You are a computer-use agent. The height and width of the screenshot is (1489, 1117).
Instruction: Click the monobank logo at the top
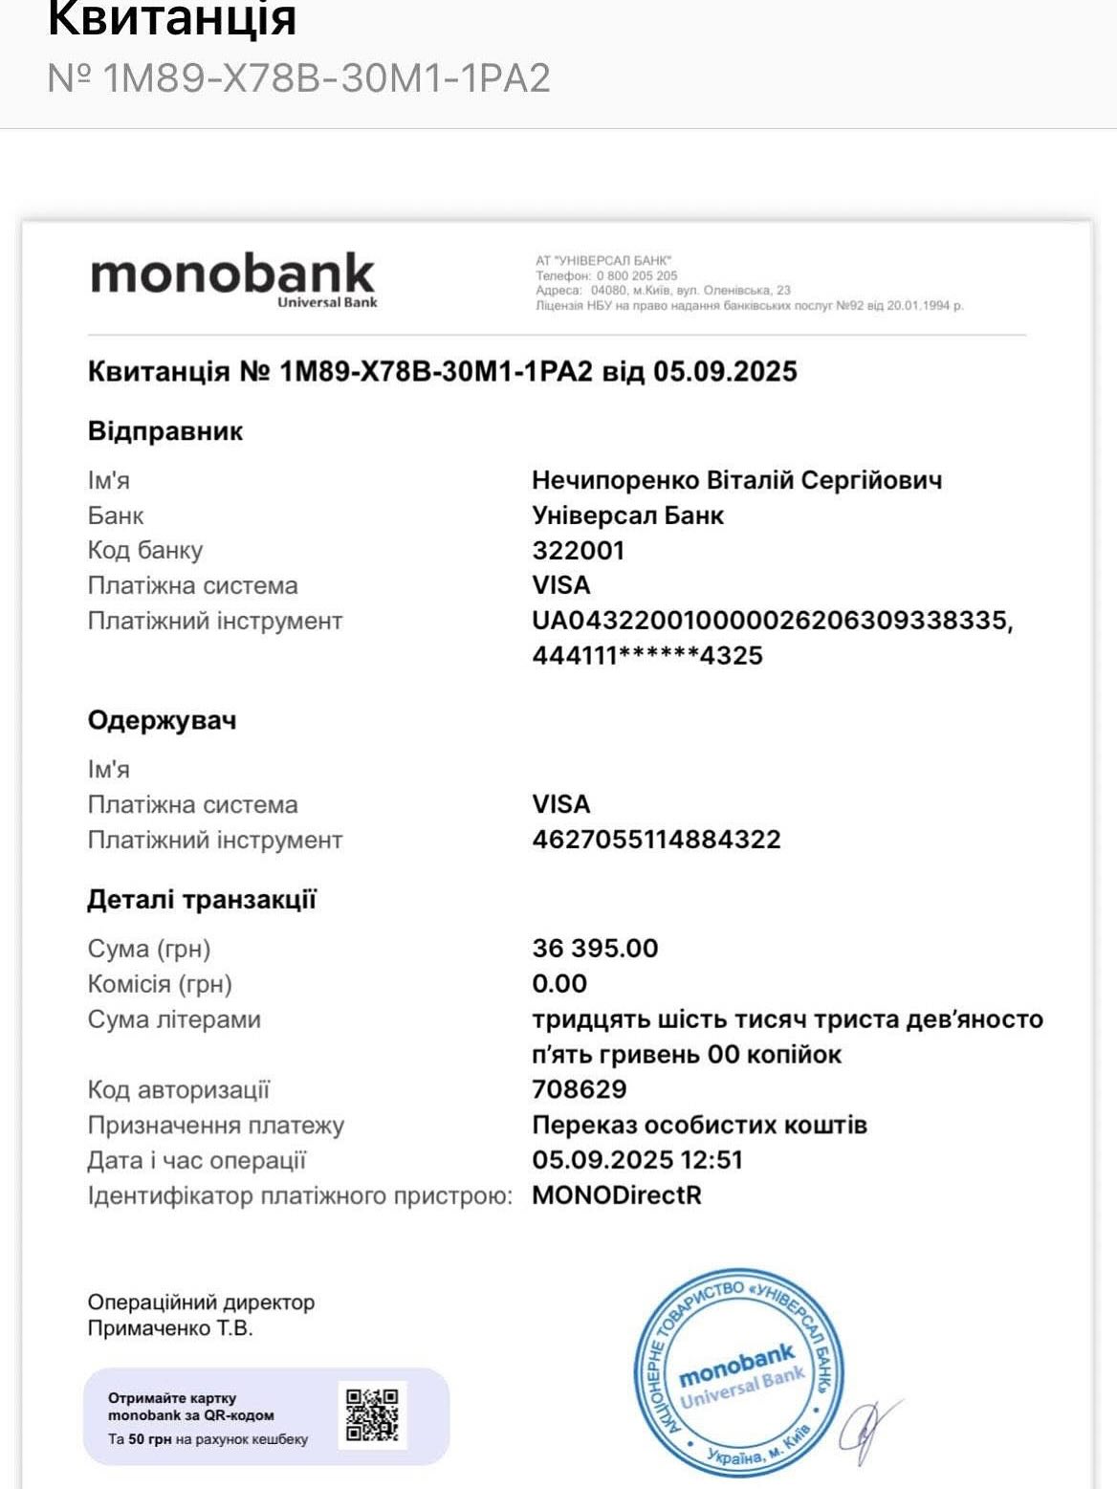[x=233, y=278]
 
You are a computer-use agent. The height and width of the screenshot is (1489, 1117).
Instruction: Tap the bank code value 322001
[x=578, y=550]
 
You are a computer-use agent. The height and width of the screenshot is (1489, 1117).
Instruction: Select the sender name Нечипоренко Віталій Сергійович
[x=736, y=480]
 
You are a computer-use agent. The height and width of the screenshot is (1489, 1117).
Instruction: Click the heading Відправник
[x=164, y=430]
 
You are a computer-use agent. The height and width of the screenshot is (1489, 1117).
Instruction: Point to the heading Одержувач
[x=162, y=720]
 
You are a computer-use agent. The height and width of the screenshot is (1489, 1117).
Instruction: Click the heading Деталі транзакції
[x=202, y=899]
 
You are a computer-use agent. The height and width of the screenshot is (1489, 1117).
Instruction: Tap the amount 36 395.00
[x=595, y=948]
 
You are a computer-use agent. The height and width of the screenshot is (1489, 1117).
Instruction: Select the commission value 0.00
[x=559, y=983]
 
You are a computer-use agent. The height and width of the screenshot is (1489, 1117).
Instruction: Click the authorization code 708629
[x=580, y=1089]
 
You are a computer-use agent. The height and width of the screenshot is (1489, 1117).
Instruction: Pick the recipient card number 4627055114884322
[x=656, y=840]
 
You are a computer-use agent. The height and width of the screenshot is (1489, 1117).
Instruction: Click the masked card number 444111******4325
[x=647, y=655]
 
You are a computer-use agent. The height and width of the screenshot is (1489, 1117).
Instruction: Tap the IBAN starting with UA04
[x=771, y=620]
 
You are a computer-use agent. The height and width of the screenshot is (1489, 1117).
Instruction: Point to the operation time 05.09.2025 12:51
[x=637, y=1160]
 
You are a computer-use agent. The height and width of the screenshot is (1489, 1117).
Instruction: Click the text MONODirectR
[x=617, y=1195]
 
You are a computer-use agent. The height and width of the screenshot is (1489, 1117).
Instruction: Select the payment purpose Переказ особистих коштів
[x=699, y=1125]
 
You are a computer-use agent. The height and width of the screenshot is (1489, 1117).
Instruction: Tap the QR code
[x=372, y=1414]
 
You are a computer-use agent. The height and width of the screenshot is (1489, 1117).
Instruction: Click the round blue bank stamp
[x=738, y=1373]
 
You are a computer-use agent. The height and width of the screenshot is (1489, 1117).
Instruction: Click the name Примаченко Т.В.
[x=170, y=1328]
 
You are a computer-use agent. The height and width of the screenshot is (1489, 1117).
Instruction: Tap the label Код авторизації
[x=179, y=1089]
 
